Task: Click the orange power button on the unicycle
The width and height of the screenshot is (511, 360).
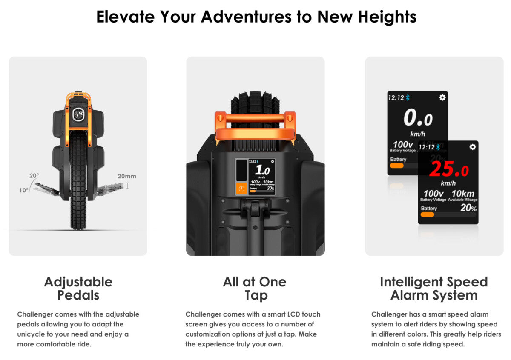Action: click(241, 189)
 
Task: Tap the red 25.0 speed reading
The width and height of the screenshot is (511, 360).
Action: click(448, 169)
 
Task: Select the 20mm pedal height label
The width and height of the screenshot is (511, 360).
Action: click(127, 176)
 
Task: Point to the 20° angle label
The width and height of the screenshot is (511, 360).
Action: click(34, 176)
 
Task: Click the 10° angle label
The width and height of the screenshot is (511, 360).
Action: click(24, 190)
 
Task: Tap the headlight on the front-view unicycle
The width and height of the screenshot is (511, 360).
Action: click(78, 114)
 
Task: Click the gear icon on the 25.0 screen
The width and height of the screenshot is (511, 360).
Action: click(472, 147)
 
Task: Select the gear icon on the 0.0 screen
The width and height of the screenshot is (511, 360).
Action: click(442, 97)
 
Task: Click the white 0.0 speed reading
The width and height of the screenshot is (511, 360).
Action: click(418, 118)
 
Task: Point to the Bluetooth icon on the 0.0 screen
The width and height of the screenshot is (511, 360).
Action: click(408, 98)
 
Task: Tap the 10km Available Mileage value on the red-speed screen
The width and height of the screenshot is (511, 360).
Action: click(463, 194)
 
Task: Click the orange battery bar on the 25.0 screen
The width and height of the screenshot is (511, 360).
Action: click(427, 214)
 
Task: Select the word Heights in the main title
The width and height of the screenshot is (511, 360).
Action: click(388, 17)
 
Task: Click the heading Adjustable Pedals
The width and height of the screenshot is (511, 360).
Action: click(78, 289)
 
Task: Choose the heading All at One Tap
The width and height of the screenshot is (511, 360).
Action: click(255, 289)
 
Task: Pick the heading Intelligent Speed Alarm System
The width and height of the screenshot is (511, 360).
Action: click(434, 289)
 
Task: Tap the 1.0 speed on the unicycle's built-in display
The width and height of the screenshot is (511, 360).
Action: click(262, 170)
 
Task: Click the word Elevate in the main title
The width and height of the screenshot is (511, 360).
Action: click(126, 17)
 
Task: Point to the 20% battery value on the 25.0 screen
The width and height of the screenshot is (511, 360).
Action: click(468, 208)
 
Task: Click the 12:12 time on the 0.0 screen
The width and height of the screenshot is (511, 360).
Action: click(396, 98)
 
